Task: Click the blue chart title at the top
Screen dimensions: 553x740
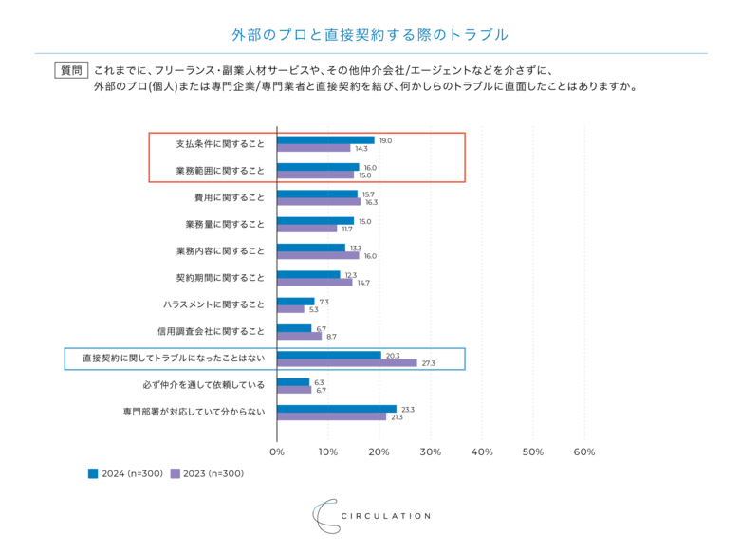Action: [370, 35]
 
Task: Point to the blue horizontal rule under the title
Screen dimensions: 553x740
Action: [370, 53]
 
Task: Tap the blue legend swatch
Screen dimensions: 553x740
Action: [93, 473]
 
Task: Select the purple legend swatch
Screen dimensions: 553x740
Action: [176, 473]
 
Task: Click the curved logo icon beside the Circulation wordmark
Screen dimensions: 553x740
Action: [324, 515]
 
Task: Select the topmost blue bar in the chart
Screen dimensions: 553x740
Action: [325, 139]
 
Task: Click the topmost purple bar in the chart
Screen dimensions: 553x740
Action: [313, 149]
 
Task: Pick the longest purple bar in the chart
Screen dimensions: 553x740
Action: [346, 362]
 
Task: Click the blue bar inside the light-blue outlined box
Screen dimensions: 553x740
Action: [329, 354]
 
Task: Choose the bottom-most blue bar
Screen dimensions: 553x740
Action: [337, 408]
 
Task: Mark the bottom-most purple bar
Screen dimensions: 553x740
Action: [331, 416]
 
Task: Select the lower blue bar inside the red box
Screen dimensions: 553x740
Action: [318, 166]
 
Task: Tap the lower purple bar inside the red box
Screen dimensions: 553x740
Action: [315, 175]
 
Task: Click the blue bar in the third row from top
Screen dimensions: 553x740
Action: [318, 193]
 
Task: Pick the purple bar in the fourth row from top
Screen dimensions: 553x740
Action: [306, 230]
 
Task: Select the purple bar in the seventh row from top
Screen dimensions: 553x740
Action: [291, 309]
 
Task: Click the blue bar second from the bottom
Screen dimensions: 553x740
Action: [293, 380]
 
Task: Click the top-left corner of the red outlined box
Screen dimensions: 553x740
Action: [150, 132]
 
